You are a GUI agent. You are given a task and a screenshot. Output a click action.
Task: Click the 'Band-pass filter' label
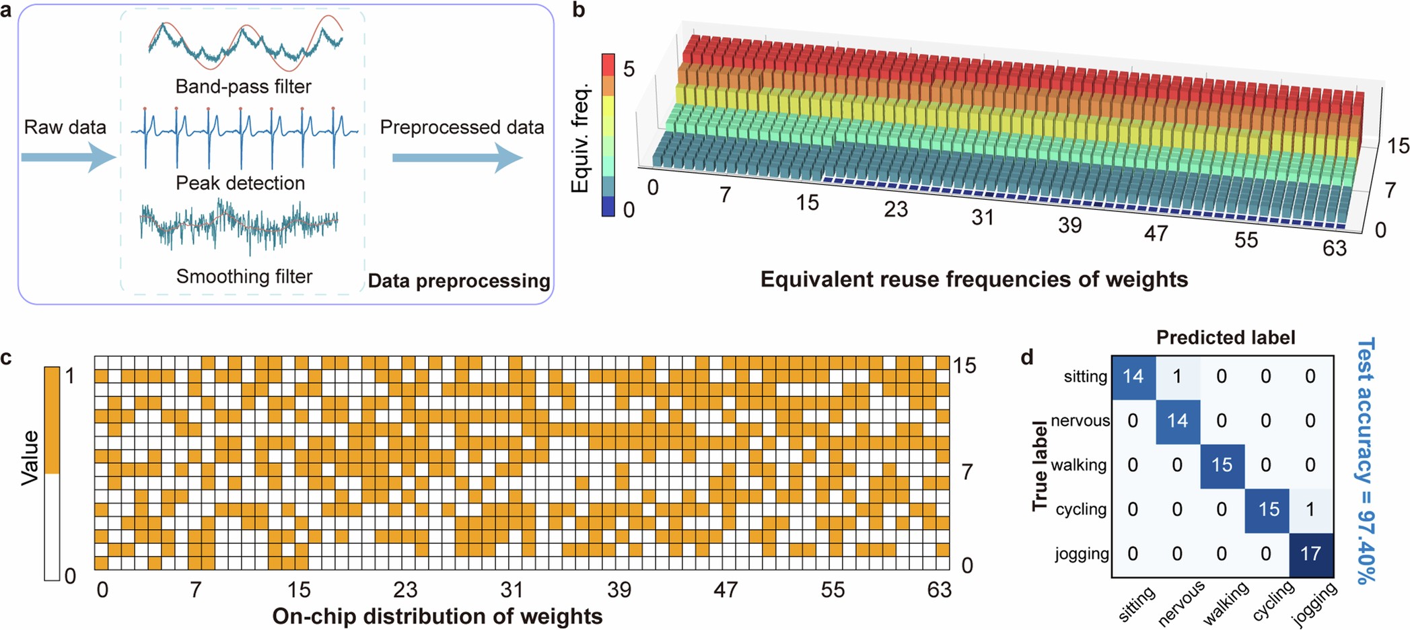pyautogui.click(x=243, y=87)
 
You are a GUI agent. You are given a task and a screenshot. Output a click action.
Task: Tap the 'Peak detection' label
pyautogui.click(x=240, y=183)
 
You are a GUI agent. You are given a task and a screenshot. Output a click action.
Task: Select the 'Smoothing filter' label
pyautogui.click(x=244, y=277)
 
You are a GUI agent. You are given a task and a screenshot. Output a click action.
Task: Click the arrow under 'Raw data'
pyautogui.click(x=68, y=158)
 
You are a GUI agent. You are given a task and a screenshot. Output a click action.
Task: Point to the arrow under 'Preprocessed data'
pyautogui.click(x=457, y=158)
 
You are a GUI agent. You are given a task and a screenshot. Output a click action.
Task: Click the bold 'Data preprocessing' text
pyautogui.click(x=459, y=281)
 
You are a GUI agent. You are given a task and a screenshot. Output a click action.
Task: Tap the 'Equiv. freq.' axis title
pyautogui.click(x=580, y=138)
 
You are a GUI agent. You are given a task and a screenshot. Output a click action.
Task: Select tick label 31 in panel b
pyautogui.click(x=983, y=217)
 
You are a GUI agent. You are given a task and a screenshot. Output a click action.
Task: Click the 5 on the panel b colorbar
pyautogui.click(x=629, y=69)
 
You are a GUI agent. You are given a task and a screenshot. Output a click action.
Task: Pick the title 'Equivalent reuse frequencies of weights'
pyautogui.click(x=974, y=279)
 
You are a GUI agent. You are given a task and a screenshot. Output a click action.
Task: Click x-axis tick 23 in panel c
pyautogui.click(x=405, y=590)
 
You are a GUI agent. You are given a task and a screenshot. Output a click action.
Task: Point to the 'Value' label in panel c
pyautogui.click(x=30, y=458)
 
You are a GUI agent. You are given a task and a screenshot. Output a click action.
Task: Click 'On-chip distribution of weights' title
pyautogui.click(x=437, y=617)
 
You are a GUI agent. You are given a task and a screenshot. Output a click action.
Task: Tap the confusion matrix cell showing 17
pyautogui.click(x=1310, y=554)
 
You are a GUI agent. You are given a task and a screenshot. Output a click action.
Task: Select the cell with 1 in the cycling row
pyautogui.click(x=1310, y=510)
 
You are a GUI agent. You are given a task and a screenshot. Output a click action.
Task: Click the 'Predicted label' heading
pyautogui.click(x=1225, y=337)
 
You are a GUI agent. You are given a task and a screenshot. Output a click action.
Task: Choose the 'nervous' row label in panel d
pyautogui.click(x=1080, y=421)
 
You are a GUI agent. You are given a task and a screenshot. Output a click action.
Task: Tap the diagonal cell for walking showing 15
pyautogui.click(x=1222, y=465)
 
